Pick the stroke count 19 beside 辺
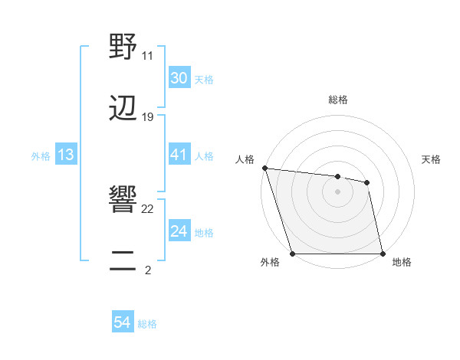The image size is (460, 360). (148, 116)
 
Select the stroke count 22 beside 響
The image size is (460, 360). (148, 209)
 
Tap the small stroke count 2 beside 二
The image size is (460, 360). (148, 270)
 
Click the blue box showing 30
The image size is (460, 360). (179, 78)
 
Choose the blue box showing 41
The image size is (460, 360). (179, 155)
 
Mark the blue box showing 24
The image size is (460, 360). (179, 231)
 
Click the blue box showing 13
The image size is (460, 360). (66, 155)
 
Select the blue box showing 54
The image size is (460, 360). (122, 323)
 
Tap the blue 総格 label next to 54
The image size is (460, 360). (147, 324)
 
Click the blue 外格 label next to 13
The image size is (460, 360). (41, 155)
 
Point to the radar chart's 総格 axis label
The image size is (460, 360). (338, 100)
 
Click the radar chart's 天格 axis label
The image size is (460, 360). (432, 159)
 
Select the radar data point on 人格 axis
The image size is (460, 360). (264, 168)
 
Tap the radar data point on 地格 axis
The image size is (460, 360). (382, 253)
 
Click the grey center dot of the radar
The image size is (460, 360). (338, 191)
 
